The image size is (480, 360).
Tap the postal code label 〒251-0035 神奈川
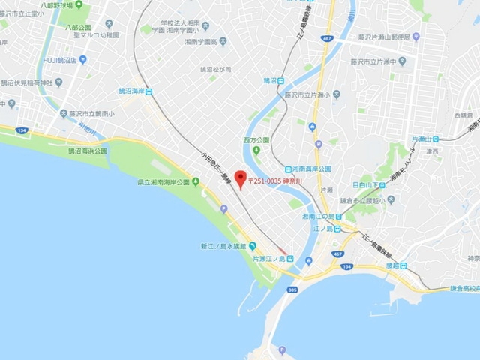click(x=281, y=181)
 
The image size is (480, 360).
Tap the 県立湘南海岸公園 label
click(x=167, y=182)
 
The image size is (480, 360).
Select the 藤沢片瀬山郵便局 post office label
click(x=396, y=35)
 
